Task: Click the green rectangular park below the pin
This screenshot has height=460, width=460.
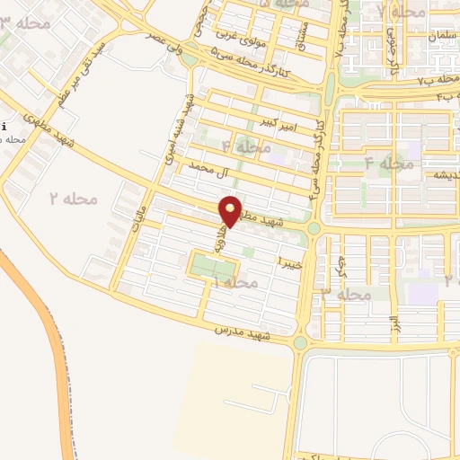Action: click(213, 266)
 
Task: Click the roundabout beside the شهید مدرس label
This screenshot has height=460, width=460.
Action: click(300, 342)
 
